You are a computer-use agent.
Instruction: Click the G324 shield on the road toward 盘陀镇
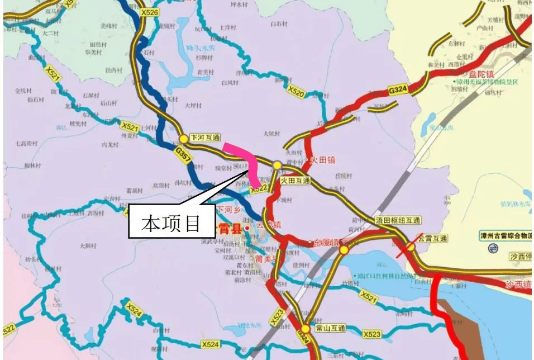click(398, 89)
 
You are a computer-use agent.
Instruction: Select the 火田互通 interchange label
click(295, 181)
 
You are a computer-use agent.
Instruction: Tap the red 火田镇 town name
click(322, 160)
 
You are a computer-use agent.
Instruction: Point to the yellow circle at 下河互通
click(183, 138)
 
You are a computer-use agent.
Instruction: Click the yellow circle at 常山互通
click(306, 329)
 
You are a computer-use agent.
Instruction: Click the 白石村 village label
click(278, 24)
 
